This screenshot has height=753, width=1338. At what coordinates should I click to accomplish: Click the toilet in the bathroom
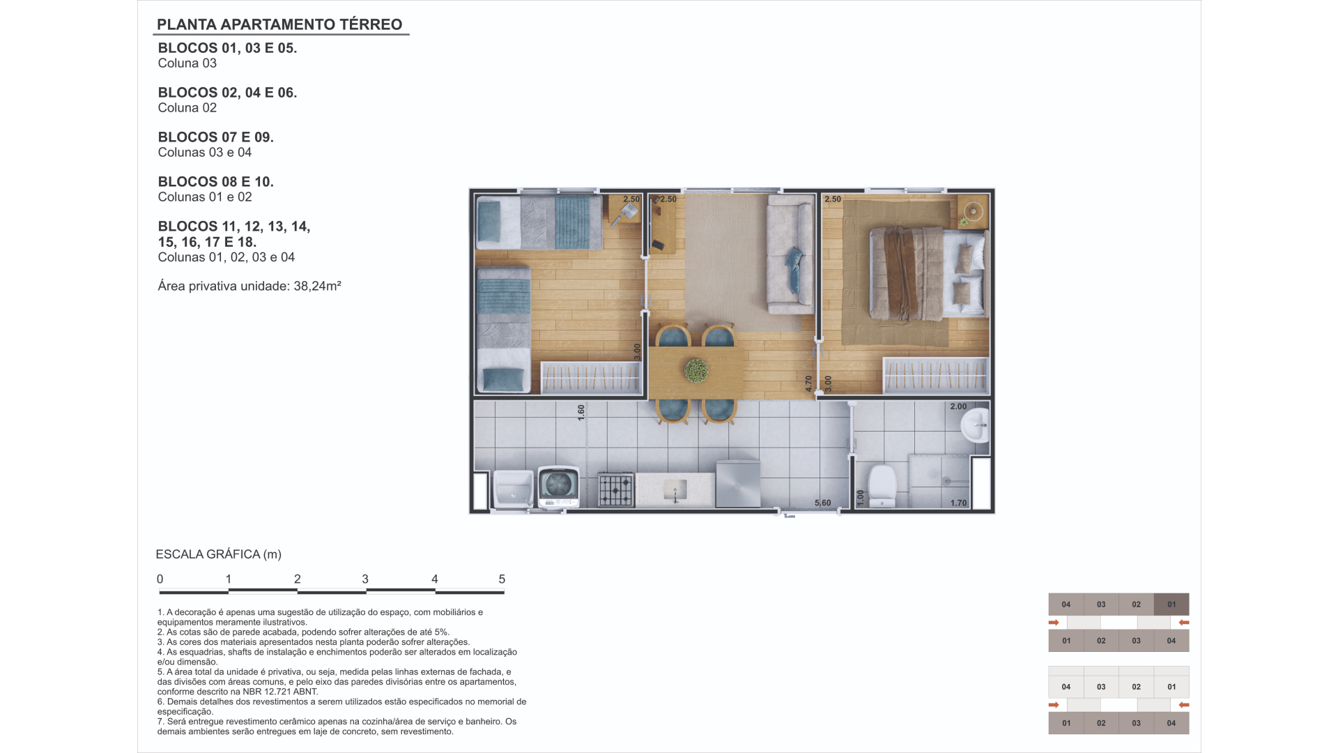point(882,486)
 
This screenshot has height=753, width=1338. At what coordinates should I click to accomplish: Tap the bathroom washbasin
point(975,425)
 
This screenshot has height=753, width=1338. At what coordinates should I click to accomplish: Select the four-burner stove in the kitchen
point(616,489)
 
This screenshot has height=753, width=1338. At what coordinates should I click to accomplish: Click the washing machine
point(559,487)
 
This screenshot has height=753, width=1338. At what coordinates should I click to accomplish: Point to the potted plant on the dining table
point(695,370)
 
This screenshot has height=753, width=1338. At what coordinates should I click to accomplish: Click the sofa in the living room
point(790,254)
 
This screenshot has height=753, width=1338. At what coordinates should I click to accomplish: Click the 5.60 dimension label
point(822,503)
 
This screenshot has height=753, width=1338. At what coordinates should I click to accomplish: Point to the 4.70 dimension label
point(809,383)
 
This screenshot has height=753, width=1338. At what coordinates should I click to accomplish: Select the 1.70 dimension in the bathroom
point(959,503)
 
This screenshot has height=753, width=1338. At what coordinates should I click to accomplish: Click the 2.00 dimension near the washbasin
point(958,406)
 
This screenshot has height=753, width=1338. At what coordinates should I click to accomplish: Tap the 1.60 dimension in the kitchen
point(581,413)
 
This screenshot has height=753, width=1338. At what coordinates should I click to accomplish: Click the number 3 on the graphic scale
point(365,579)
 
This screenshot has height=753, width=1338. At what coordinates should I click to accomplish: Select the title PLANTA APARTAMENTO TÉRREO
point(279,24)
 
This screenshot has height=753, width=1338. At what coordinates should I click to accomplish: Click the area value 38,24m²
point(317,286)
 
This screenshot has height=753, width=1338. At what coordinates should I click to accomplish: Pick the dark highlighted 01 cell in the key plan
point(1171,604)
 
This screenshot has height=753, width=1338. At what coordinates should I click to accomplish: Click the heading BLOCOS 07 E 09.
point(216,137)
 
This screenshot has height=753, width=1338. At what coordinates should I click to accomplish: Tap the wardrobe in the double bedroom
point(935,375)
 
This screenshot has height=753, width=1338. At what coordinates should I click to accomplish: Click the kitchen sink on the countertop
point(675,489)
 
